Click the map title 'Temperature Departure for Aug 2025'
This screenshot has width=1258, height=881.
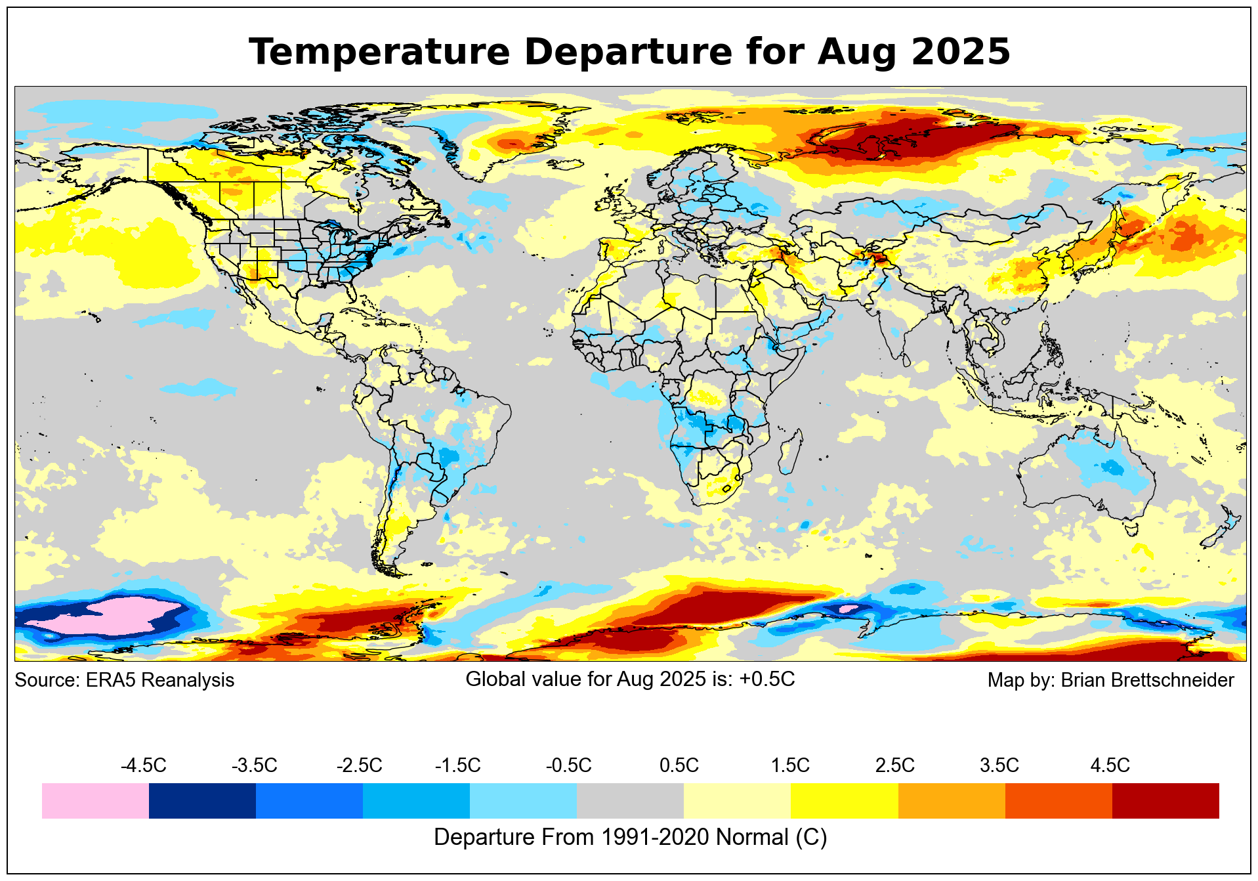tap(629, 52)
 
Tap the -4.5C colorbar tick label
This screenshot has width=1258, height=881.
tap(143, 765)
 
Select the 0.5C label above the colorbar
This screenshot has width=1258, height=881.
tap(679, 765)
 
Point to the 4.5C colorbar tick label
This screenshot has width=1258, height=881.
tap(1110, 765)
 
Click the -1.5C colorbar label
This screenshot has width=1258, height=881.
tap(457, 765)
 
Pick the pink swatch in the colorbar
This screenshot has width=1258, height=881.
tap(95, 801)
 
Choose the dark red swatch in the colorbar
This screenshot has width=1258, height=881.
tap(1165, 801)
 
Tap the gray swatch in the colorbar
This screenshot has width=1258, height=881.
tap(630, 801)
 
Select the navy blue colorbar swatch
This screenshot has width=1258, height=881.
tap(202, 801)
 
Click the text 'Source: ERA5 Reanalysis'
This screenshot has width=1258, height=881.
tap(124, 680)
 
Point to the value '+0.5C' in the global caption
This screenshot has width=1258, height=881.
tap(766, 679)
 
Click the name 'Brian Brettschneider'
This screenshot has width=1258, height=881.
tap(1147, 680)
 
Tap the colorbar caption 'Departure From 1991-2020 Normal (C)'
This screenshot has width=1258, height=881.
tap(630, 838)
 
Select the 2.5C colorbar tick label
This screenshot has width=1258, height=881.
tap(894, 765)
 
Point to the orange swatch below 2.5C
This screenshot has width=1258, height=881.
tap(952, 801)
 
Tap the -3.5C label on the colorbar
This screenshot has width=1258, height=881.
tap(254, 765)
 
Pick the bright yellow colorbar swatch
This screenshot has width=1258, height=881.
tap(845, 801)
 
